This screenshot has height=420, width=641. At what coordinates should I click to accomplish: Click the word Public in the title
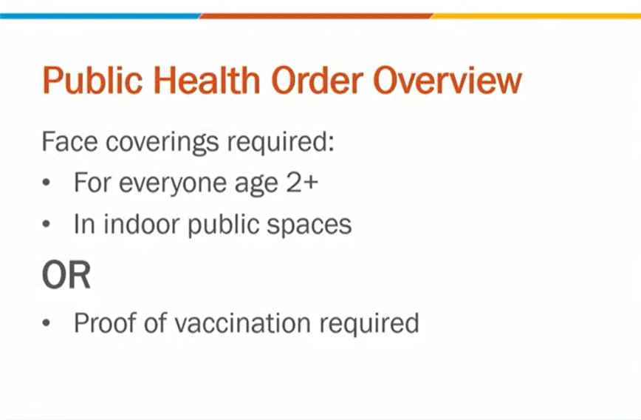pos(93,81)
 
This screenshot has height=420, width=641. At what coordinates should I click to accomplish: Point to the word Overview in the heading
pos(448,81)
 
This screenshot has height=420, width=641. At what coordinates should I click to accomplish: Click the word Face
pos(70,142)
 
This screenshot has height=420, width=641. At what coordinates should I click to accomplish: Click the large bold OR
pos(66,275)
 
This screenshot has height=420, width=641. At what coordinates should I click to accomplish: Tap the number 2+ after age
pos(302,183)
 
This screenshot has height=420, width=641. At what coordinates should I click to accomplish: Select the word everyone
pos(172,184)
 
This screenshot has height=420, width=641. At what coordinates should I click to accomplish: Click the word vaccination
pos(243,323)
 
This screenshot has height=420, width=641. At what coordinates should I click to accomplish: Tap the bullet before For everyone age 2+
pos(47,183)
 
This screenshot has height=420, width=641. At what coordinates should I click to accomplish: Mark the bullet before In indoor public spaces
pos(47,224)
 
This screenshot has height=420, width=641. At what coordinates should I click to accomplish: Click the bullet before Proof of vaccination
pos(47,323)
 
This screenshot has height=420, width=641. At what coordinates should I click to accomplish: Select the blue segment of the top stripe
pos(100,16)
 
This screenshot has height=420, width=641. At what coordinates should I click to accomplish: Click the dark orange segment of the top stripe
pos(315,16)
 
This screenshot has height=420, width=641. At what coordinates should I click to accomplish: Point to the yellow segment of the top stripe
pos(535,16)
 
